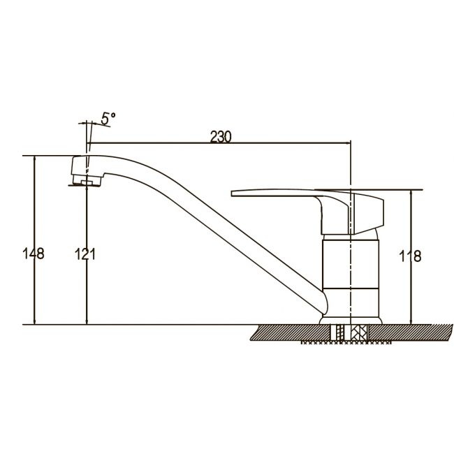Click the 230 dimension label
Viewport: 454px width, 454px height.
pos(221,137)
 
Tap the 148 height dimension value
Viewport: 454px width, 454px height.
pos(34,254)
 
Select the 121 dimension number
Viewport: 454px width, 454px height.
pos(85,254)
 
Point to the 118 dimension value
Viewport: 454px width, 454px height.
pos(410,256)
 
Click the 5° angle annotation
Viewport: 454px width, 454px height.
pos(108,119)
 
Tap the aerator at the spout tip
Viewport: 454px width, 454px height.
pos(86,181)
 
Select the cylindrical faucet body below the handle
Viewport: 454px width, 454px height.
pos(351,264)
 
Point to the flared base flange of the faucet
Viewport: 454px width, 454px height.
pos(351,321)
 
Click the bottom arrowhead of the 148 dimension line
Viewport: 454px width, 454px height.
pos(35,321)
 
